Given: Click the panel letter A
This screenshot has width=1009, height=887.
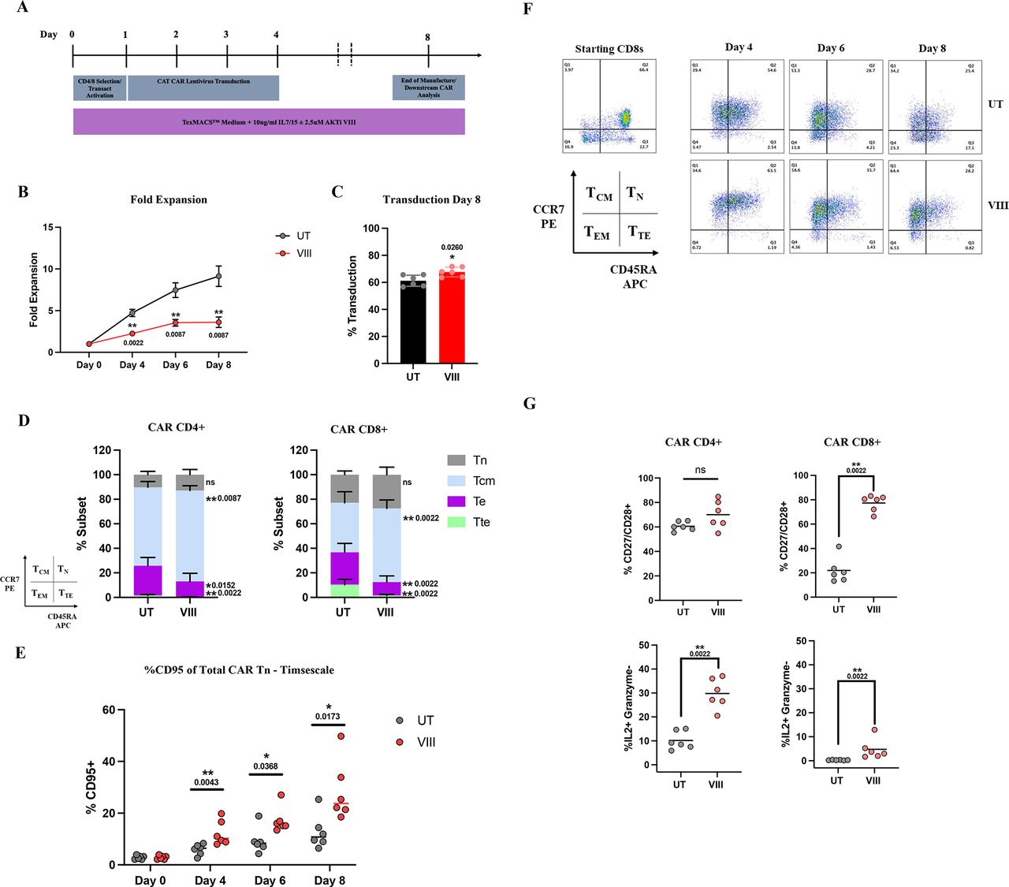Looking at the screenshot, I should click(22, 8).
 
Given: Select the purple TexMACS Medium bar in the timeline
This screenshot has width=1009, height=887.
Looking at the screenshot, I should click(269, 122).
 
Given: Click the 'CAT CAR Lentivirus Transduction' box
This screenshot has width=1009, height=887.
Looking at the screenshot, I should click(203, 88).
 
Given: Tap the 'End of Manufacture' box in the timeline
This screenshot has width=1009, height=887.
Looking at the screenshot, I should click(428, 88).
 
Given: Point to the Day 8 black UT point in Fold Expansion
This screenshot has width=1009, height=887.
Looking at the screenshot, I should click(218, 276).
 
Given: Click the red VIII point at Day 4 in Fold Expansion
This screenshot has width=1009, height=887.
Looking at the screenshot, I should click(132, 334).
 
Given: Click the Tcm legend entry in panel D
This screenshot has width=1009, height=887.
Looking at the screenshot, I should click(484, 481).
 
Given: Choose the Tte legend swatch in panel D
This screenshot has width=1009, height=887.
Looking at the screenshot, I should click(456, 522).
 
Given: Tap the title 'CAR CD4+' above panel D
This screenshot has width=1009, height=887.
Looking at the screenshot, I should click(176, 427).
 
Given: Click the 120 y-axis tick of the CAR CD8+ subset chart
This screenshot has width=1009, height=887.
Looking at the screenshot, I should click(299, 450).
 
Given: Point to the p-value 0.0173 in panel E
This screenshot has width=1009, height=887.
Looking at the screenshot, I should click(327, 717).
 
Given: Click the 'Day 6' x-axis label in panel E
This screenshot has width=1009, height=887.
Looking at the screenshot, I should click(270, 880).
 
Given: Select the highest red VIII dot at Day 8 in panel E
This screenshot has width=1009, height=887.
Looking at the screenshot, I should click(341, 736).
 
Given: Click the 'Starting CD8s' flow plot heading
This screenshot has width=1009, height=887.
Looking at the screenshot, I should click(609, 49).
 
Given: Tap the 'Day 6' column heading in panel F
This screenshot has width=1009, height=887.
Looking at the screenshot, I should click(830, 48).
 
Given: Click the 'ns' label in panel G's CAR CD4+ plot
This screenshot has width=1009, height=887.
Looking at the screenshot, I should click(700, 470).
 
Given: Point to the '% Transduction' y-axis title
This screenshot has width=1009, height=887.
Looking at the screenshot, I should click(352, 296).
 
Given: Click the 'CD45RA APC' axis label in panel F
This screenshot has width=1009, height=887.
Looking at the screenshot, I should click(634, 277).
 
